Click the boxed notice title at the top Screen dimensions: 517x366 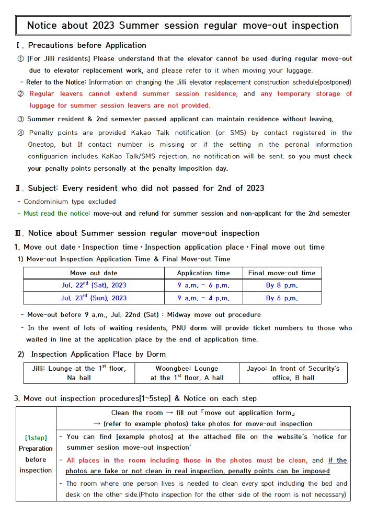pyautogui.click(x=182, y=25)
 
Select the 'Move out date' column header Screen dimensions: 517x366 pyautogui.click(x=94, y=273)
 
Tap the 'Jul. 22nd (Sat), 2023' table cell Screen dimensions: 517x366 pyautogui.click(x=94, y=286)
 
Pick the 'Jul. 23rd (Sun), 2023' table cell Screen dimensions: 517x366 pyautogui.click(x=94, y=298)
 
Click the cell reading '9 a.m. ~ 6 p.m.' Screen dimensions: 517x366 pyautogui.click(x=203, y=286)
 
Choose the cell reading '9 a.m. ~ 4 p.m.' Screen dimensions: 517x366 pyautogui.click(x=203, y=298)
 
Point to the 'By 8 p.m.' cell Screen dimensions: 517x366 pyautogui.click(x=282, y=286)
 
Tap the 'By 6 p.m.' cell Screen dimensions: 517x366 pyautogui.click(x=282, y=298)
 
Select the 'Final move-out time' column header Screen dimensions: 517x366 pyautogui.click(x=282, y=273)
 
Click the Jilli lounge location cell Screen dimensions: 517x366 pyautogui.click(x=79, y=373)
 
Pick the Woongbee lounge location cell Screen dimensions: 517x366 pyautogui.click(x=187, y=373)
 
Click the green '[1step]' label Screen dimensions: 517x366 pyautogui.click(x=36, y=437)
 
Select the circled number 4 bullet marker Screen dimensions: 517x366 pyautogui.click(x=20, y=133)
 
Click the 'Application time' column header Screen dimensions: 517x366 pyautogui.click(x=203, y=273)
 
